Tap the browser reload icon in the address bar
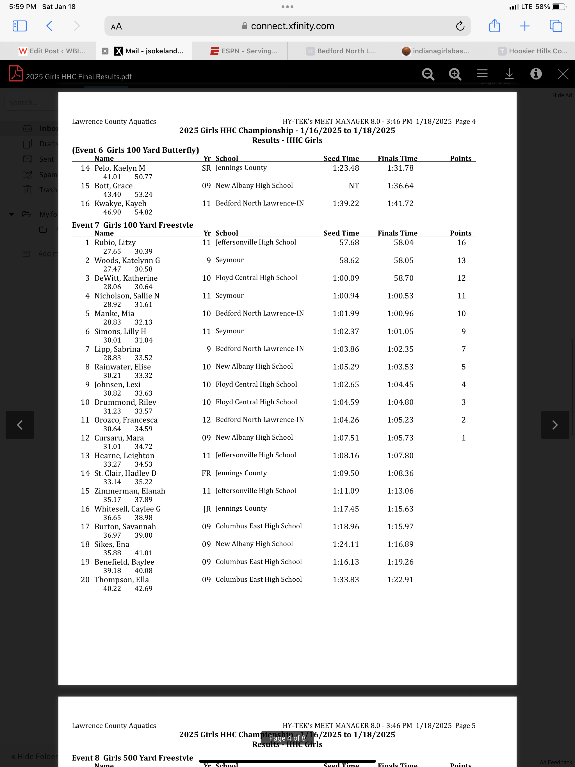tap(460, 26)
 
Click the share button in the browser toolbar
tap(494, 26)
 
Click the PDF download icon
tap(509, 74)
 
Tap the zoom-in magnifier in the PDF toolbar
tap(455, 74)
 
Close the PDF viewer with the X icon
tap(563, 74)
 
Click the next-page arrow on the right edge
tap(555, 425)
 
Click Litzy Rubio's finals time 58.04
tap(403, 242)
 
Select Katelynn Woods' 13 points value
tap(461, 261)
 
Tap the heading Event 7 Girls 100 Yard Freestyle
tap(133, 225)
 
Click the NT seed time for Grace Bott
tap(354, 186)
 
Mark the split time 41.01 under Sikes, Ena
tap(143, 553)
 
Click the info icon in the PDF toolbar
tap(535, 74)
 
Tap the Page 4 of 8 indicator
tap(287, 738)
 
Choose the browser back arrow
tap(50, 26)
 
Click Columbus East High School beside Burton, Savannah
tap(258, 526)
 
